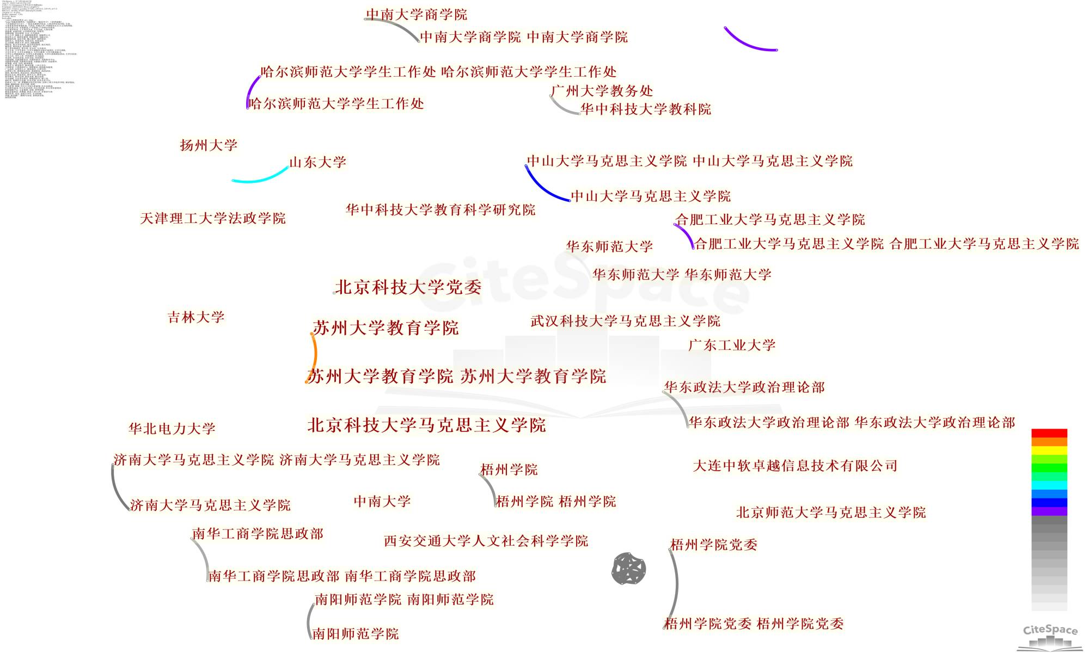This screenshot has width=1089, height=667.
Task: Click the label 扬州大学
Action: [209, 145]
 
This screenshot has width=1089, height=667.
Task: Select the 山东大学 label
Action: [317, 162]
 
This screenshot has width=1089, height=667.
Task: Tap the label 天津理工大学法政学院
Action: [213, 218]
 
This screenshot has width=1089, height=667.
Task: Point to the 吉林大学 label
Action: [196, 317]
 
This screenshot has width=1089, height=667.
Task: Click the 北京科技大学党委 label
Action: [408, 287]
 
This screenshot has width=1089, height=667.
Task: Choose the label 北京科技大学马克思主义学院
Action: [426, 425]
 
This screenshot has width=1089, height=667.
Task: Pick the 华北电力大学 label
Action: [172, 429]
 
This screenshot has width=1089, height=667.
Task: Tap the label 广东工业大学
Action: [732, 345]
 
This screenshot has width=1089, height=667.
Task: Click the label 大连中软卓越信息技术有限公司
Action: [795, 466]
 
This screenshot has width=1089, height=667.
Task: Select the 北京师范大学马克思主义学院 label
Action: [831, 512]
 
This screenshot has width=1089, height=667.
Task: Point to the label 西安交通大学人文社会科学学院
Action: [486, 541]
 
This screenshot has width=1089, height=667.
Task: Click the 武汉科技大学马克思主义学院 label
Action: [625, 321]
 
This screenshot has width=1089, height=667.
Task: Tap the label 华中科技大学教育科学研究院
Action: [441, 210]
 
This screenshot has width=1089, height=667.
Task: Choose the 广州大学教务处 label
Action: [602, 91]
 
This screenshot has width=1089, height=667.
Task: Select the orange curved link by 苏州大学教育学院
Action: [314, 356]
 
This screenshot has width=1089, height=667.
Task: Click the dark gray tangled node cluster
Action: [629, 569]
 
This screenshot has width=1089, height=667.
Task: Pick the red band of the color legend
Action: [1049, 433]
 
